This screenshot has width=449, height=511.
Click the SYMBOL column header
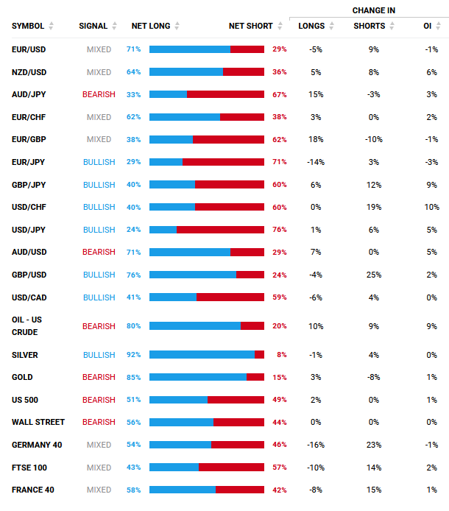pyautogui.click(x=28, y=27)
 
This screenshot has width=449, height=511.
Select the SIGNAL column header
pyautogui.click(x=93, y=27)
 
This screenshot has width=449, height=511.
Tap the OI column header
pyautogui.click(x=427, y=27)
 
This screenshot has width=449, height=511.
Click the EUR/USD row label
pyautogui.click(x=29, y=49)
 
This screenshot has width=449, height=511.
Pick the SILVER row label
pyautogui.click(x=25, y=355)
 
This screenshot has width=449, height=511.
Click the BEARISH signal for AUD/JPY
pyautogui.click(x=99, y=95)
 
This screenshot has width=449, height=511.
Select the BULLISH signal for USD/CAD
pyautogui.click(x=99, y=297)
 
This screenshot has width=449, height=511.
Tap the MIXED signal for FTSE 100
pyautogui.click(x=99, y=468)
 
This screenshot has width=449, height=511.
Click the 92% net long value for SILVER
pyautogui.click(x=133, y=355)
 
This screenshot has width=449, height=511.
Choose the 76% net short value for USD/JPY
pyautogui.click(x=280, y=230)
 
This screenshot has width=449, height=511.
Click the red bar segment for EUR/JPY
pyautogui.click(x=223, y=162)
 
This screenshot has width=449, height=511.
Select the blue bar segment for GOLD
pyautogui.click(x=197, y=377)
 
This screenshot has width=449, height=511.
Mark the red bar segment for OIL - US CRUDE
pyautogui.click(x=252, y=326)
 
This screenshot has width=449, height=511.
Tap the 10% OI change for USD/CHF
pyautogui.click(x=431, y=208)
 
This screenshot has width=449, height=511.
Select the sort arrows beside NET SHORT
pyautogui.click(x=280, y=27)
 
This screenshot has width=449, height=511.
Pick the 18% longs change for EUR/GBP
pyautogui.click(x=316, y=140)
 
